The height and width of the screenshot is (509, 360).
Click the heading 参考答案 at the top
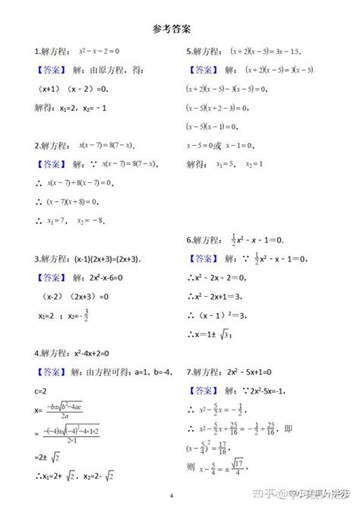[x=171, y=28]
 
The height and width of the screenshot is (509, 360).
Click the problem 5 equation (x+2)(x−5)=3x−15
[x=266, y=52]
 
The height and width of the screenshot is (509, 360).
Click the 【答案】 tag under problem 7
[x=202, y=392]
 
